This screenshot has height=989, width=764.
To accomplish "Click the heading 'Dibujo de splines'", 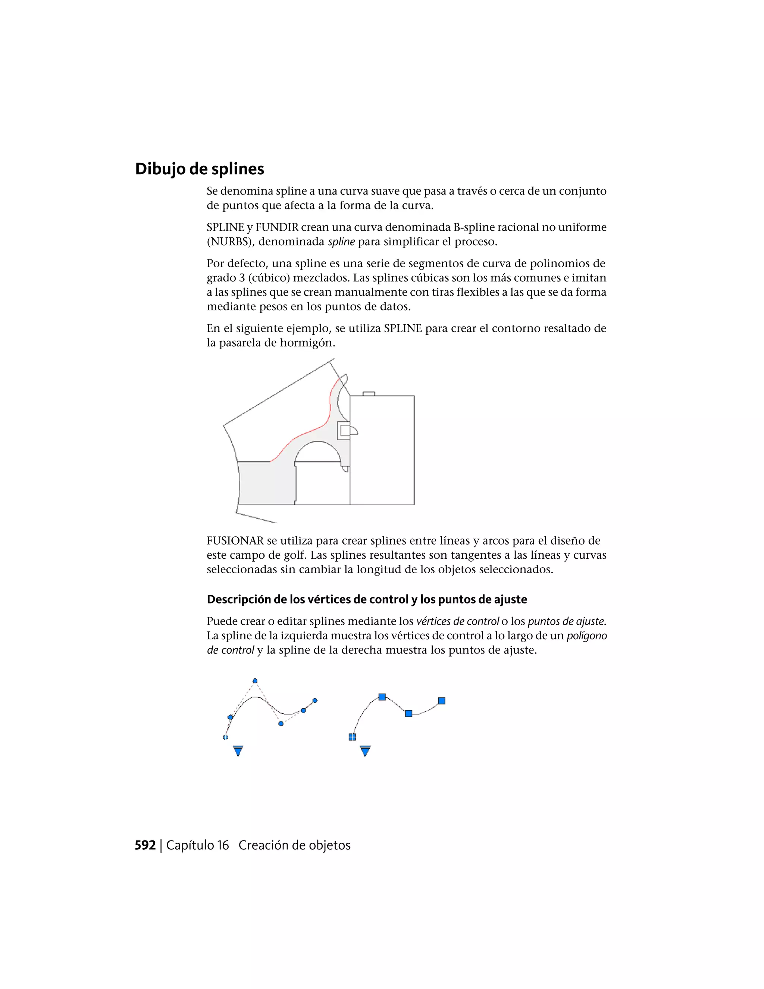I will (x=199, y=169).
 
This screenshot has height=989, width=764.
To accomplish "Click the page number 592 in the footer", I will (x=145, y=845).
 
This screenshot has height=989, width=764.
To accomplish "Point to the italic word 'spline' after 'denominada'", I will (x=341, y=242).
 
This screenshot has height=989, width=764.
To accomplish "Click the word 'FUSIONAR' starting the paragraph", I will (x=235, y=541).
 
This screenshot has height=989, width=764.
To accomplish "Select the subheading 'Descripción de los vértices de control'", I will (x=367, y=600).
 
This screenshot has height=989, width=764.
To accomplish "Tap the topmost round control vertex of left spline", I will (x=255, y=681).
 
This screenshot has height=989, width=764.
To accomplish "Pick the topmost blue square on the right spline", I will (x=382, y=697).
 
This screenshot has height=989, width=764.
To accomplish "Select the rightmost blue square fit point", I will (x=442, y=701).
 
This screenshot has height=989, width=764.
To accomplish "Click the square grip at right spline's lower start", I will (x=352, y=737).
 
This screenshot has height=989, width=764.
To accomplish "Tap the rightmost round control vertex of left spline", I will (x=315, y=701).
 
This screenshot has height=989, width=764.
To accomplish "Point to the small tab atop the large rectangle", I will (x=369, y=393).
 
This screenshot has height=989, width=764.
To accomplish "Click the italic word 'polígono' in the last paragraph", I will (x=586, y=636).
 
